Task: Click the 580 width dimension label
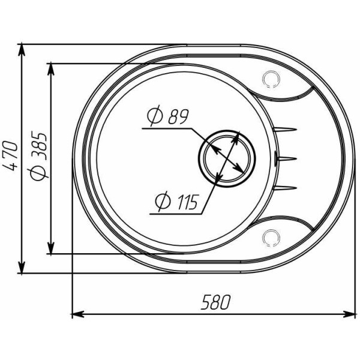pos(215,302)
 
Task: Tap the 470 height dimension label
pos(10,156)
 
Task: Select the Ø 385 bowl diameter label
pos(38,155)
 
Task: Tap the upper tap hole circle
pos(271,79)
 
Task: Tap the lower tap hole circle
pos(271,238)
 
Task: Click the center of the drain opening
pos(227,158)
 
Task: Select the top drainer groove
pos(284,129)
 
